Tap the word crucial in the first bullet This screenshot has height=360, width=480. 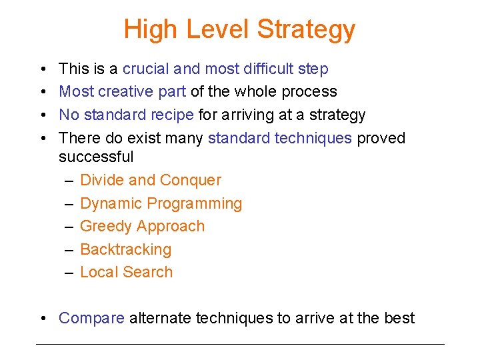(x=147, y=69)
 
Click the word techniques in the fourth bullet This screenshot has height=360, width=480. (x=313, y=138)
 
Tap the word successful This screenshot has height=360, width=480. (x=96, y=157)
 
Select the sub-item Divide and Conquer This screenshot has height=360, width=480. (x=150, y=180)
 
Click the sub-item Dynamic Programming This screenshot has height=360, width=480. (x=161, y=203)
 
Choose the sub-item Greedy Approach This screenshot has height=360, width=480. (x=142, y=226)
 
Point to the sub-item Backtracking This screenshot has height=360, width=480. (x=125, y=249)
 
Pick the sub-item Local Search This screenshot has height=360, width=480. (x=126, y=272)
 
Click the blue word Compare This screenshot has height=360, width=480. (x=91, y=319)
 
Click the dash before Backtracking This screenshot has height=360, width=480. (x=69, y=249)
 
